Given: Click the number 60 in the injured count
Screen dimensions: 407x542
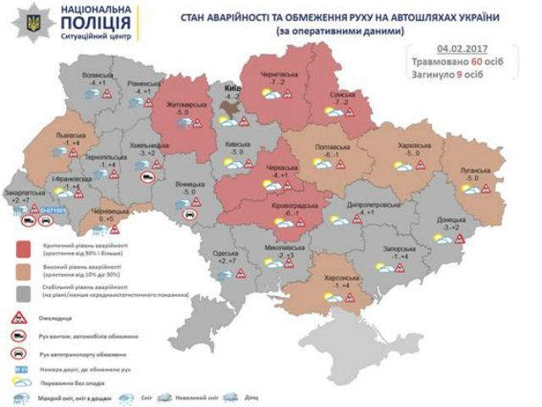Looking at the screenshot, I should point(478,62).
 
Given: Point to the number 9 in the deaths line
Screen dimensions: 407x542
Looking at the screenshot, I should point(471,74).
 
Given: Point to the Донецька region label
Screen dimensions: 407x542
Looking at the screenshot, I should point(445,220).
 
